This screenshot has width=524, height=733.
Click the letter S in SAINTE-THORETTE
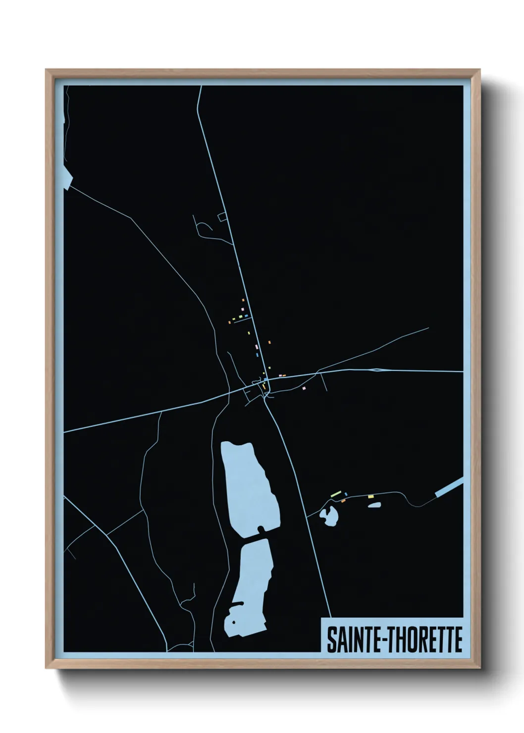tap(330, 640)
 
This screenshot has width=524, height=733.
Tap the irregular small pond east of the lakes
tap(329, 517)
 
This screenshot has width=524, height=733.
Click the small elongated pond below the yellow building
tap(374, 505)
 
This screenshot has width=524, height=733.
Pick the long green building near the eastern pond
tap(337, 494)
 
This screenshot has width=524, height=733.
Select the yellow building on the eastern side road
tap(370, 496)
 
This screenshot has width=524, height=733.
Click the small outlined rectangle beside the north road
tap(222, 216)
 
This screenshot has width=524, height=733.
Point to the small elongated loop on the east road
tap(377, 369)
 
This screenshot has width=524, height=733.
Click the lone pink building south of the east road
tap(304, 388)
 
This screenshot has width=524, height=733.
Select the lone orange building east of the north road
tap(269, 342)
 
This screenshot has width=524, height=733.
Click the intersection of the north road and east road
tap(266, 379)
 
